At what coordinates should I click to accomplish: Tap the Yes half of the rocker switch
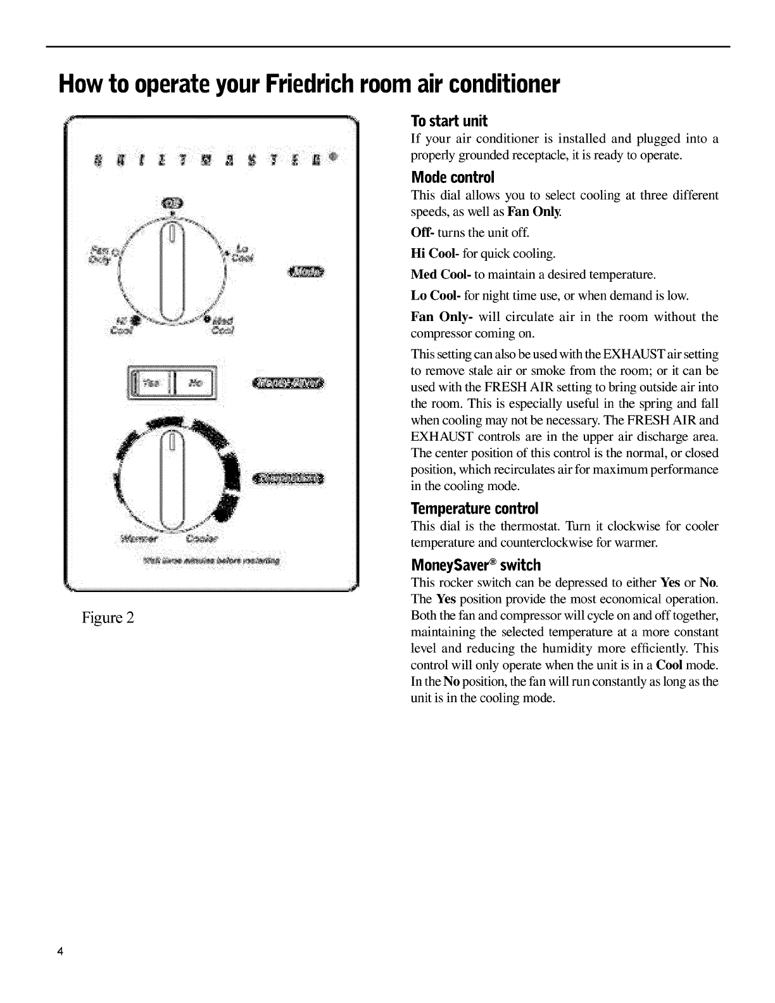click(152, 383)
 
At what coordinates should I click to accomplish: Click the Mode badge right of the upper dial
click(305, 272)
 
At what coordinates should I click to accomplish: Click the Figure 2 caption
click(107, 617)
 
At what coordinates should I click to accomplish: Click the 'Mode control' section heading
click(452, 177)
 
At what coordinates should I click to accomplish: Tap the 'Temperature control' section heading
click(474, 508)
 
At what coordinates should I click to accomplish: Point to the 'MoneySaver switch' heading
click(476, 565)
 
